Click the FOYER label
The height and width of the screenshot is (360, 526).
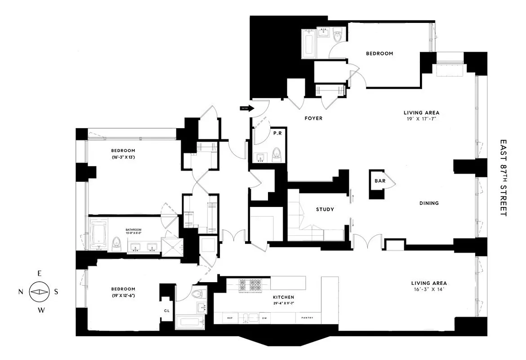[x=313, y=118]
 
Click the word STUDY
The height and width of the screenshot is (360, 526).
[x=325, y=209]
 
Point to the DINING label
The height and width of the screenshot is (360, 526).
[x=429, y=203]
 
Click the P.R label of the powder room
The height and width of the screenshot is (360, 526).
[x=277, y=134]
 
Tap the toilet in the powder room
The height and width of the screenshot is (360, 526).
[x=277, y=154]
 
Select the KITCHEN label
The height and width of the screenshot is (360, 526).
[x=283, y=297]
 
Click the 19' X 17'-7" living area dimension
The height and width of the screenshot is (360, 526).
[x=421, y=119]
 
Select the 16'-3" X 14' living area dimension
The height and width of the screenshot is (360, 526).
[x=428, y=289]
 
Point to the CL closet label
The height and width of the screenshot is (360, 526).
[x=166, y=310]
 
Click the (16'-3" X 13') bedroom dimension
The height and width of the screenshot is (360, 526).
[x=124, y=157]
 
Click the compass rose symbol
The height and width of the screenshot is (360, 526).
[x=38, y=292]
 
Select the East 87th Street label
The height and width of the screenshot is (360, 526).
[x=503, y=177]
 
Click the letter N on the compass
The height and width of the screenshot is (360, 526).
[x=21, y=292]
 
